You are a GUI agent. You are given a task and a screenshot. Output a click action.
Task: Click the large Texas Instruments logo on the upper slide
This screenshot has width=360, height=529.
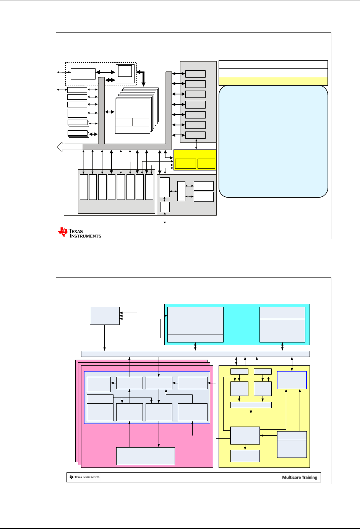pos(79,233)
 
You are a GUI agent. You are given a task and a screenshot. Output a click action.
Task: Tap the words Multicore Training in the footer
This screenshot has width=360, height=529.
pos(300,477)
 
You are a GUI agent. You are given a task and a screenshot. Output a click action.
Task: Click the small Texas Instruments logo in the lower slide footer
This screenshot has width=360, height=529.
pos(84,477)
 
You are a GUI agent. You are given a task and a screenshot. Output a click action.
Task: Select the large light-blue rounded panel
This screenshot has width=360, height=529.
pos(273,141)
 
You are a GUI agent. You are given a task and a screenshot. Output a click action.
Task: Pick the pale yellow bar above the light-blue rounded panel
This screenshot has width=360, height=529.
pos(273,81)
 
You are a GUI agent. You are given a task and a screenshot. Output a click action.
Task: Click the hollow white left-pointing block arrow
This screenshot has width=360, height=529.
pos(69,147)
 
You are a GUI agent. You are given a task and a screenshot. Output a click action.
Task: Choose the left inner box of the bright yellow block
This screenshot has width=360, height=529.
pos(185,164)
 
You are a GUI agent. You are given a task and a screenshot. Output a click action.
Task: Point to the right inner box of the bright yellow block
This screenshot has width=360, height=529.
pos(206,164)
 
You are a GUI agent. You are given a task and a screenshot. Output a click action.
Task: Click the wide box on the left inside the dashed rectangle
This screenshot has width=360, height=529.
pos(83,74)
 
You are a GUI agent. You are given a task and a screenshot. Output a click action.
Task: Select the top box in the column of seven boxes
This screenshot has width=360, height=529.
pos(195,74)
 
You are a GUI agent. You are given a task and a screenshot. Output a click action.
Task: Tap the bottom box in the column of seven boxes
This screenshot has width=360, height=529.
pos(195,135)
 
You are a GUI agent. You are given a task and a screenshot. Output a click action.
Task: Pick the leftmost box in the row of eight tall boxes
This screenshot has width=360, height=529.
pos(84,187)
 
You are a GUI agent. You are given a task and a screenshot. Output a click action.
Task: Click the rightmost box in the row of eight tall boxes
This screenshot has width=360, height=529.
pos(149,187)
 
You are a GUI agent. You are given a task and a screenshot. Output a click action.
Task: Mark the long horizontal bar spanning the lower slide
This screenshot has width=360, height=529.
pos(195,354)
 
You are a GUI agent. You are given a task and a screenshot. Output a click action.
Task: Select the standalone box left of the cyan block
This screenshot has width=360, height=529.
pos(105,316)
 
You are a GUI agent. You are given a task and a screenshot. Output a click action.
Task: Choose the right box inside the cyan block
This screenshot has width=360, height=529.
pos(282,325)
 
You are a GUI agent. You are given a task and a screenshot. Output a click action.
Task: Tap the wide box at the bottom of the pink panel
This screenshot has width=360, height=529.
pos(145,456)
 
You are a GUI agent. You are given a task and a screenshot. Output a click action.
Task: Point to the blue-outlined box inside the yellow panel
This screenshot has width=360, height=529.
pos(292,380)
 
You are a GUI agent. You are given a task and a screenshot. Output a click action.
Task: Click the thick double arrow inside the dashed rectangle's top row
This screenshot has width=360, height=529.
pos(105,72)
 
